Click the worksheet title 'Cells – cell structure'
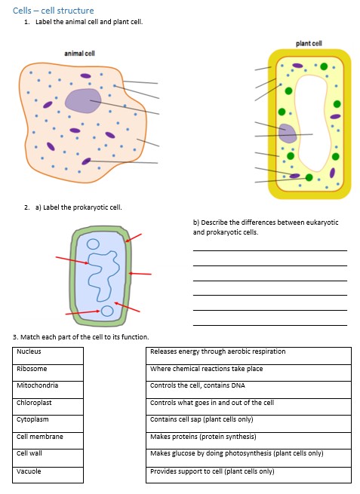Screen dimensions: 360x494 click(54, 11)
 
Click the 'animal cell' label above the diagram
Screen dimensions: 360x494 click(79, 54)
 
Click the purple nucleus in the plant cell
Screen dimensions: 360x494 click(288, 133)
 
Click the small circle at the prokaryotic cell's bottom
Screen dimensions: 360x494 click(108, 311)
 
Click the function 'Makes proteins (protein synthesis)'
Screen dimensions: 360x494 click(248, 437)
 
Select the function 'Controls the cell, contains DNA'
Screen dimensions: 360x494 click(248, 386)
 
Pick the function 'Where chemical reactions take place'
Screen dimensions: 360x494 click(248, 370)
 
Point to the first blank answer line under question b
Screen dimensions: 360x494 click(269, 250)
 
